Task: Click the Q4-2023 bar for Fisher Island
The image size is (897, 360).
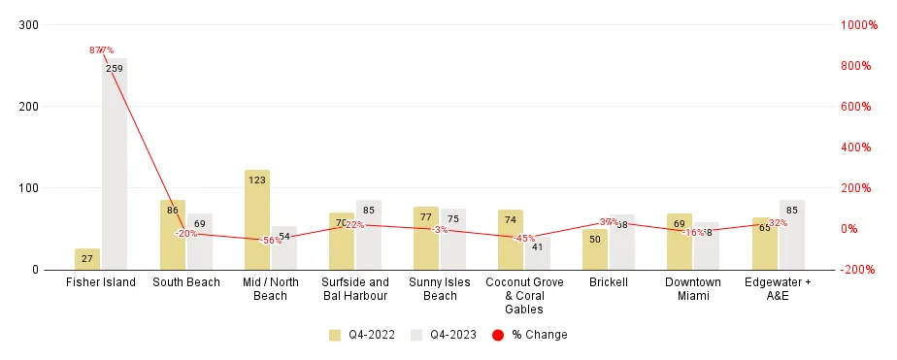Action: click(x=115, y=165)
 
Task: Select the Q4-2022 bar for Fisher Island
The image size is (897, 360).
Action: click(x=87, y=259)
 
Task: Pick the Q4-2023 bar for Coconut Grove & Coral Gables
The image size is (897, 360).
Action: click(x=538, y=253)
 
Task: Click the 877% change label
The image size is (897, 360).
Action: click(x=101, y=49)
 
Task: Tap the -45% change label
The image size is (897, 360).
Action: click(x=524, y=238)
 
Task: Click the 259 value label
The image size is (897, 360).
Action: click(x=115, y=69)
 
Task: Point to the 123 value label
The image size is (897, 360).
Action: click(x=257, y=180)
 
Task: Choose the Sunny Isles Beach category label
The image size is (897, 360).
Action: click(x=440, y=288)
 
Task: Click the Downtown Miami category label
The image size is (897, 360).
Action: click(x=693, y=288)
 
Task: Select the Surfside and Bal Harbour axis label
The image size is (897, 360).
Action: click(x=355, y=288)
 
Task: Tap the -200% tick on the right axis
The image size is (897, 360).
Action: click(x=857, y=270)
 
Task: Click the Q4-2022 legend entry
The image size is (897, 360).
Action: click(x=363, y=335)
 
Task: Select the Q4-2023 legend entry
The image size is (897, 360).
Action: click(x=446, y=335)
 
